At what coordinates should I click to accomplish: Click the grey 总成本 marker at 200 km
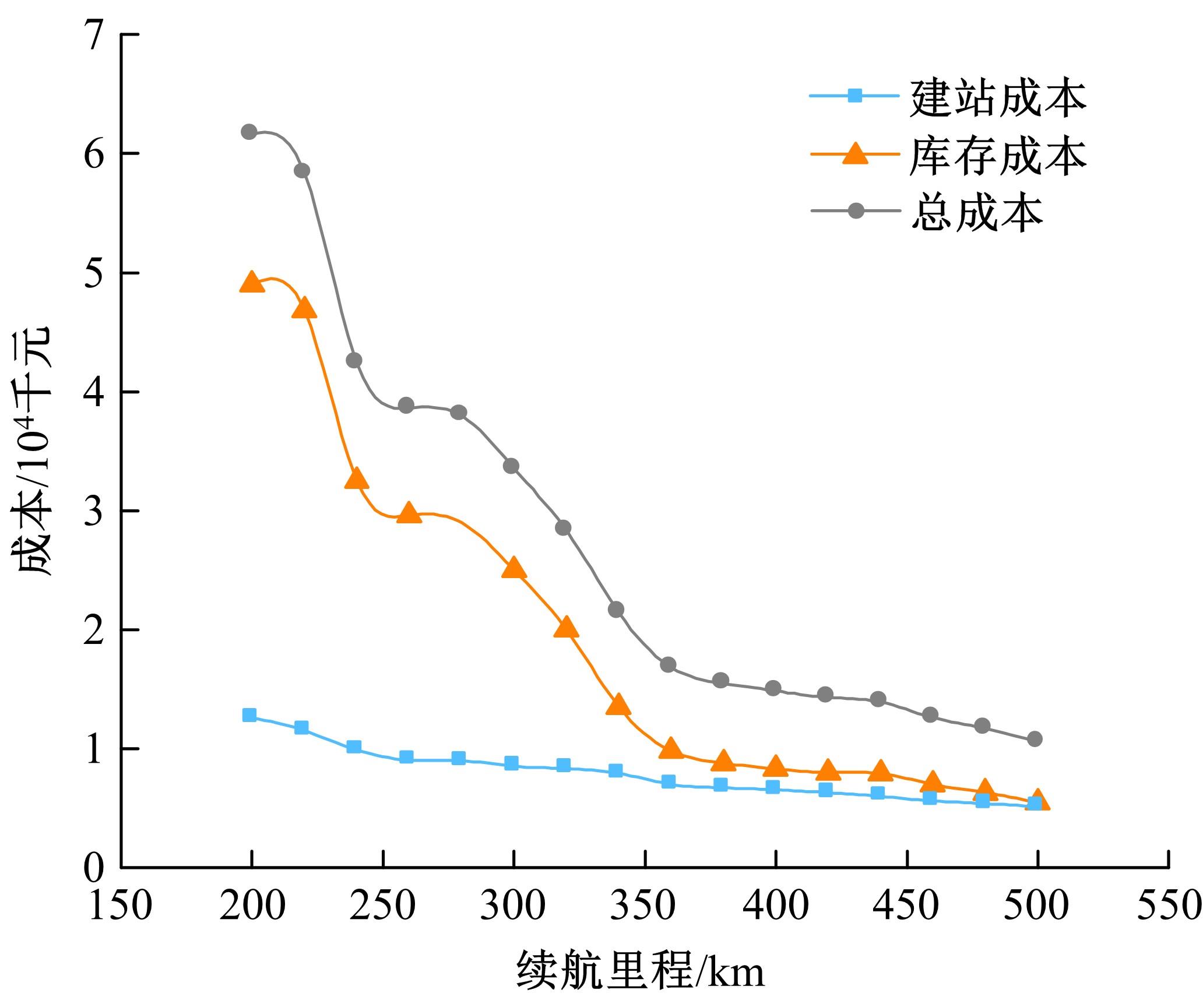point(249,132)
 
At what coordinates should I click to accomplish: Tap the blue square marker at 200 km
point(249,715)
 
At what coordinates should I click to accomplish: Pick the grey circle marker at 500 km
point(1035,739)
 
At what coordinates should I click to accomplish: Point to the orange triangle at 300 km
point(513,568)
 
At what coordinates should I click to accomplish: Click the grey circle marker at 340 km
point(616,610)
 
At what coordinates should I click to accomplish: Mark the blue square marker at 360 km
point(669,781)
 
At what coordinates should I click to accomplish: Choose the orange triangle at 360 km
point(671,748)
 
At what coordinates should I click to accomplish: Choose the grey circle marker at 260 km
point(407,406)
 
